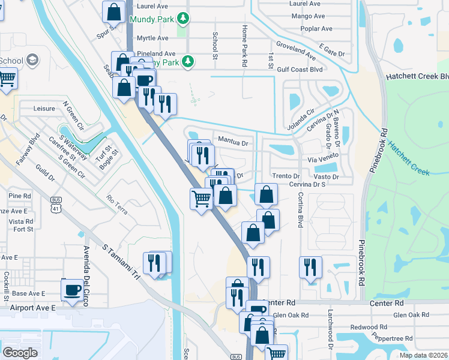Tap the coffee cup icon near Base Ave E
tap(73, 289)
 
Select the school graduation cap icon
tap(32, 61)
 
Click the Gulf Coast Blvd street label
tap(299, 69)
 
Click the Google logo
tap(20, 352)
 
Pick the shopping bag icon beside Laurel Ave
tap(113, 11)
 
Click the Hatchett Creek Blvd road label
tap(417, 77)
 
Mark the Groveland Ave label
tap(296, 50)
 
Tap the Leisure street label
tap(44, 109)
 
